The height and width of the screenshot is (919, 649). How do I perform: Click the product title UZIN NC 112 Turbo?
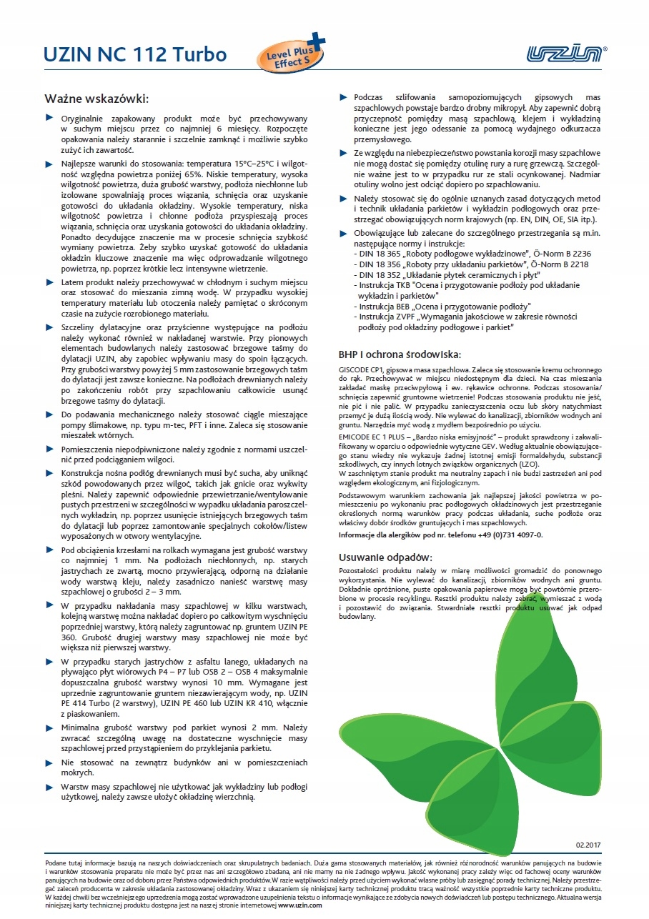click(x=135, y=55)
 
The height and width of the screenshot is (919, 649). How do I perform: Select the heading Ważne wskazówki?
click(x=96, y=99)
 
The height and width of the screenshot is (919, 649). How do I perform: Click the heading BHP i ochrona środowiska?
click(x=400, y=354)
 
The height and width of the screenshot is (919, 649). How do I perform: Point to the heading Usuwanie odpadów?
click(x=385, y=557)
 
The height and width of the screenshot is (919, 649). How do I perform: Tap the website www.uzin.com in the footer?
click(x=297, y=904)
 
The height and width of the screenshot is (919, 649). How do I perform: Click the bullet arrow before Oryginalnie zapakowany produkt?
click(x=49, y=116)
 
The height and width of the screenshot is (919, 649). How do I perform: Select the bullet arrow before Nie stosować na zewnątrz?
click(x=49, y=763)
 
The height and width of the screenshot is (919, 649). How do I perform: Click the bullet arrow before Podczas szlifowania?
click(x=343, y=96)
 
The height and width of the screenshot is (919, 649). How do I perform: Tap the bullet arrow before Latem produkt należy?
click(x=49, y=282)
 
